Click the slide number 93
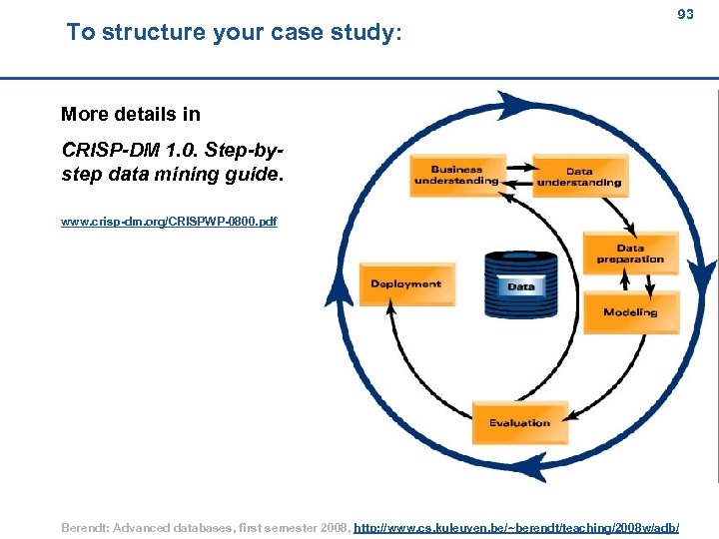point(685,14)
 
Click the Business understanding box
point(456,176)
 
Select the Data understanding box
point(579,177)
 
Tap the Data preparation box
point(630,254)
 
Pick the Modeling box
point(630,312)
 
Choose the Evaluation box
point(519,423)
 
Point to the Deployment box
point(405,284)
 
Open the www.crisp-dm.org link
point(169,222)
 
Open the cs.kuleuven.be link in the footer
point(517,526)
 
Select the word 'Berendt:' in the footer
point(87,526)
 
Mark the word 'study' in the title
point(365,32)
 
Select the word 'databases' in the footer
point(201,526)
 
